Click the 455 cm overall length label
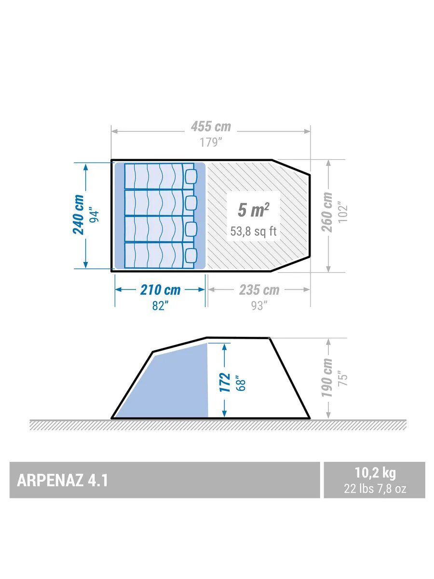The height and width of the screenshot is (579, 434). (211, 126)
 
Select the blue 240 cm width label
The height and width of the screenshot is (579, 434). (78, 215)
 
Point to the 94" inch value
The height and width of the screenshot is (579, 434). (95, 216)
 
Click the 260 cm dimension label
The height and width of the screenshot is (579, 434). (327, 212)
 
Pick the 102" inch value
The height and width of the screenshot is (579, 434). (343, 212)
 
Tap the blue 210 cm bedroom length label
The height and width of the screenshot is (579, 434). (160, 290)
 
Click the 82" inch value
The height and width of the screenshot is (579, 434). (160, 306)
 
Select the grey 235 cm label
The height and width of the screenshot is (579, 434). (259, 290)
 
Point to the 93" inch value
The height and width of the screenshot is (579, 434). (259, 306)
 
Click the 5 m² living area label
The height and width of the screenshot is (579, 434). (253, 210)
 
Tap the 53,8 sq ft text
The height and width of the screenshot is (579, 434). (253, 231)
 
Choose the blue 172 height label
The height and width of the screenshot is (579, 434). (225, 382)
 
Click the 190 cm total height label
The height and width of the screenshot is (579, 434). (327, 377)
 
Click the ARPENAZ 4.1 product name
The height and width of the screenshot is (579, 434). (63, 481)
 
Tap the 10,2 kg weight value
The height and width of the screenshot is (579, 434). (375, 473)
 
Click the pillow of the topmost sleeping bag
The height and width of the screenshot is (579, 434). (191, 176)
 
